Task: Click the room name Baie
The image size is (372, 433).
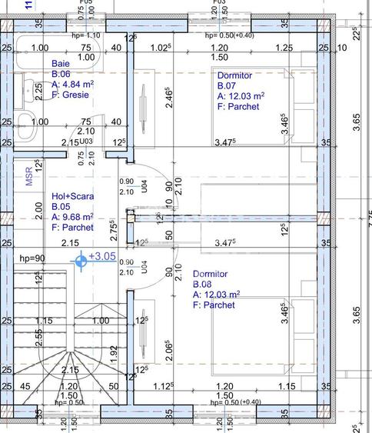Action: click(60, 63)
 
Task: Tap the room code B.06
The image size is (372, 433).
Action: click(61, 74)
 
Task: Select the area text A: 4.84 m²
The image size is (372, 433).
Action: click(73, 84)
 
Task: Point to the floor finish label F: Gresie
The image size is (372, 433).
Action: click(70, 95)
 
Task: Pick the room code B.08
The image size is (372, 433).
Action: click(203, 285)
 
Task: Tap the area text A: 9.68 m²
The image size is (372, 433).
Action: click(72, 217)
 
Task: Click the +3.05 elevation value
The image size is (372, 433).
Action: click(102, 256)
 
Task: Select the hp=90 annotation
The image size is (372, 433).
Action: click(32, 258)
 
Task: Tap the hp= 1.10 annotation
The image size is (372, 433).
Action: click(85, 35)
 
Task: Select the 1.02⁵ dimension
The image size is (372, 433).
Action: click(160, 48)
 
